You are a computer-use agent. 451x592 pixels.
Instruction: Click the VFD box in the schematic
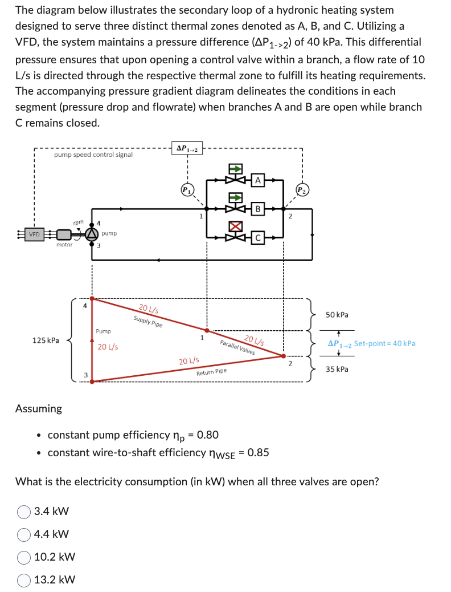[35, 234]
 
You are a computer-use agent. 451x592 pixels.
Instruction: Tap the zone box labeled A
[257, 180]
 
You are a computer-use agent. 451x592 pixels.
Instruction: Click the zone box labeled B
[257, 209]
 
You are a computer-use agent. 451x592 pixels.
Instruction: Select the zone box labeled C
[257, 238]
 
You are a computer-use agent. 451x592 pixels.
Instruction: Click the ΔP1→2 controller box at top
[187, 149]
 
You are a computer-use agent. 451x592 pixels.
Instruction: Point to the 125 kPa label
[46, 340]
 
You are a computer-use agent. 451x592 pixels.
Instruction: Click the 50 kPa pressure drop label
[337, 315]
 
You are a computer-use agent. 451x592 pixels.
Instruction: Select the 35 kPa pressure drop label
[337, 369]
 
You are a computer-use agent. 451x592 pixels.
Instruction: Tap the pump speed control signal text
[93, 154]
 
